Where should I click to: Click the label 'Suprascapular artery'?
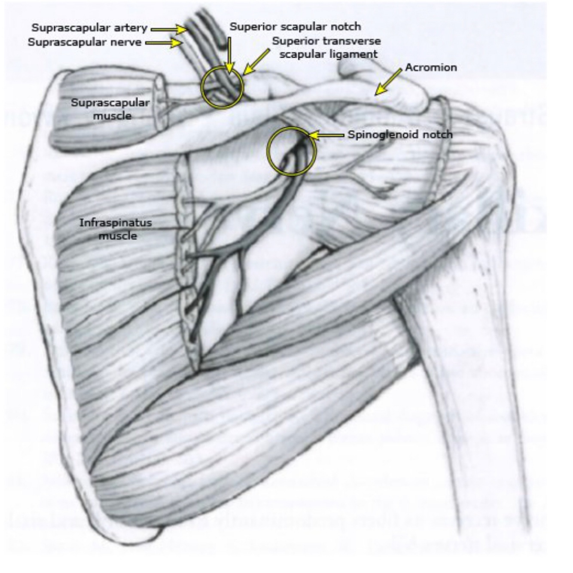point(89,28)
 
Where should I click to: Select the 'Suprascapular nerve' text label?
point(84,43)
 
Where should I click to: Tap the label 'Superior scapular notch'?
point(295,27)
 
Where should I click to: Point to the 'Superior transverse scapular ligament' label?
point(326,48)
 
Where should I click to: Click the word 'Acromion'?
point(431,67)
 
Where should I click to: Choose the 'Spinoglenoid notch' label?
point(400,135)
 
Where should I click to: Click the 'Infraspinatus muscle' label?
point(116,229)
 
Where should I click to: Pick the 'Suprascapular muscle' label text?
point(110,109)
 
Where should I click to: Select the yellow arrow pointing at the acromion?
point(388,82)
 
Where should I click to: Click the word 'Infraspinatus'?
point(116,223)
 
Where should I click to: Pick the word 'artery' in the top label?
point(131,28)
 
